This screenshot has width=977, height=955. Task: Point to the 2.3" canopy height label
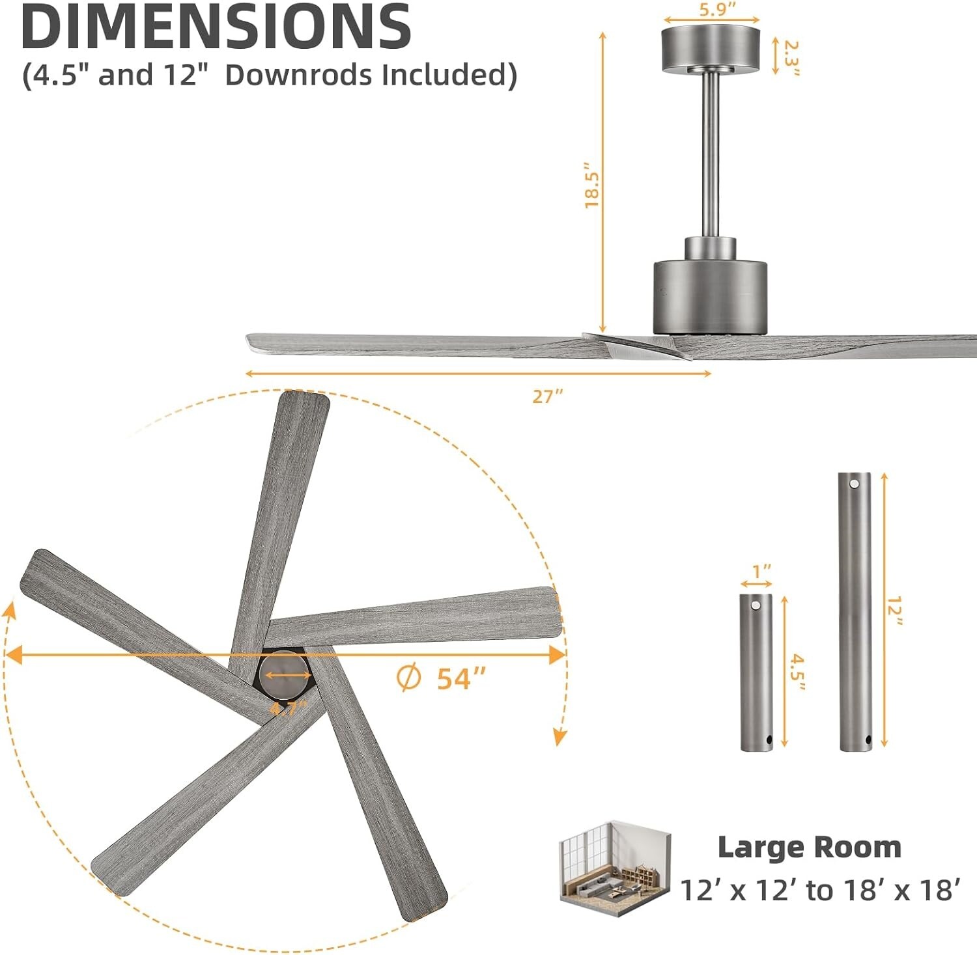click(791, 57)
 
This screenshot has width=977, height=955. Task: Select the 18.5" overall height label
click(591, 185)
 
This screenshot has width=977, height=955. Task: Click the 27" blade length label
click(547, 396)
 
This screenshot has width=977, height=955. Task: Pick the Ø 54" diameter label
click(441, 678)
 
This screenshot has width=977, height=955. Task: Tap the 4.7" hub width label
click(288, 708)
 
